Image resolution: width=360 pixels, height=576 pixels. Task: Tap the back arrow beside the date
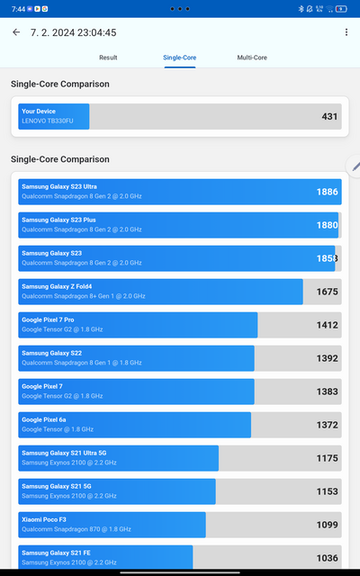point(16,32)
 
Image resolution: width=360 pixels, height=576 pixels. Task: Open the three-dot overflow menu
point(346,32)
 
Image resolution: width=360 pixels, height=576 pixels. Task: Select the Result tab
point(108,58)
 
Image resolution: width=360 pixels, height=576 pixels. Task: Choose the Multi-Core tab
point(252,58)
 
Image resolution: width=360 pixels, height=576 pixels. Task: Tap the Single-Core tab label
point(180,58)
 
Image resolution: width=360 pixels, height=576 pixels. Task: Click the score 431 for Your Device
point(329,116)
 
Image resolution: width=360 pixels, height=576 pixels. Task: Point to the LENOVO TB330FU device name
point(53,121)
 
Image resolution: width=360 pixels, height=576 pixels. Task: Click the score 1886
point(328,192)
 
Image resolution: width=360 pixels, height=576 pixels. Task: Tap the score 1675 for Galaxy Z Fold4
point(328,292)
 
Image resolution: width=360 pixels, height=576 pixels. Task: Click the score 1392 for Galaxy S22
point(328,358)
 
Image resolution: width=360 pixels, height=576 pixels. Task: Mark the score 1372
point(328,425)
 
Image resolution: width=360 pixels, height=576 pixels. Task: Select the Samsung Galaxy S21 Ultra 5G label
point(65,453)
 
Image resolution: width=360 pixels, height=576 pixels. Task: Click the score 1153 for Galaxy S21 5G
point(328,491)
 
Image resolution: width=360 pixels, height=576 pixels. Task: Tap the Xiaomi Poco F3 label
point(46,519)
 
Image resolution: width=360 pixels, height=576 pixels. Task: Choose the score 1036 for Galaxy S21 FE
point(328,558)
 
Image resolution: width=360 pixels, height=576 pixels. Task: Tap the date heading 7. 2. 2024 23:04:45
point(73,32)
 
